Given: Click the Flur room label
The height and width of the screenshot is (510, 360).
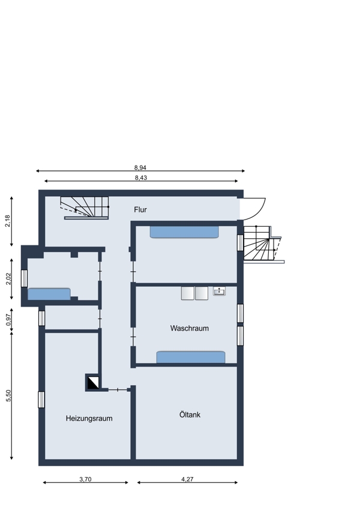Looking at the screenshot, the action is pyautogui.click(x=140, y=210).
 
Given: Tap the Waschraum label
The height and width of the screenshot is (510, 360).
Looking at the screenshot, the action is pyautogui.click(x=189, y=328).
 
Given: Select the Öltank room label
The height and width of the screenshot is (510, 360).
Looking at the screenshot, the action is pyautogui.click(x=190, y=415).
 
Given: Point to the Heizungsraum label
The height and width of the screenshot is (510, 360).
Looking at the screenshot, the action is pyautogui.click(x=89, y=418).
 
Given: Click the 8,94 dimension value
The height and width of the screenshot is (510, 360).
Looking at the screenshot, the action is pyautogui.click(x=140, y=168).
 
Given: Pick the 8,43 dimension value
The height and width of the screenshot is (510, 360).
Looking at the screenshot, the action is pyautogui.click(x=141, y=178).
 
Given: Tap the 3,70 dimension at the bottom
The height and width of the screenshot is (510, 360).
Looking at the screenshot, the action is pyautogui.click(x=85, y=479).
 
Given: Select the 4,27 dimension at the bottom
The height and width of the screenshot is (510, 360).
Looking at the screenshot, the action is pyautogui.click(x=187, y=479).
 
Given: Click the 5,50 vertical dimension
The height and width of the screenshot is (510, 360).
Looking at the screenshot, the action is pyautogui.click(x=8, y=395).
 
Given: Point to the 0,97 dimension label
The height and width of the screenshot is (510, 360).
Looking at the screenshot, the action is pyautogui.click(x=8, y=319).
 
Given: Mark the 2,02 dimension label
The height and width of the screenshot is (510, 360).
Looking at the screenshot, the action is pyautogui.click(x=8, y=278).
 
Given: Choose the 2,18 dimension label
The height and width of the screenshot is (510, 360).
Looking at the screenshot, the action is pyautogui.click(x=7, y=221).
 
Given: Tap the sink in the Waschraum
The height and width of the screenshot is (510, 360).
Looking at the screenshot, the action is pyautogui.click(x=219, y=291).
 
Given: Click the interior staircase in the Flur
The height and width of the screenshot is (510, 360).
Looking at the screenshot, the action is pyautogui.click(x=85, y=208).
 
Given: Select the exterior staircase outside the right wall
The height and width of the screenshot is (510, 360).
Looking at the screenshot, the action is pyautogui.click(x=263, y=245).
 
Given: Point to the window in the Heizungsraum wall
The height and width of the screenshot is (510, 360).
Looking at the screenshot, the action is pyautogui.click(x=41, y=400).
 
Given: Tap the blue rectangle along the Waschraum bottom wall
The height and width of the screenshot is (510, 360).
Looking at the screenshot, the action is pyautogui.click(x=191, y=357).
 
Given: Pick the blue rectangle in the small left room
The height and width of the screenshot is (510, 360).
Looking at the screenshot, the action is pyautogui.click(x=49, y=294).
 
